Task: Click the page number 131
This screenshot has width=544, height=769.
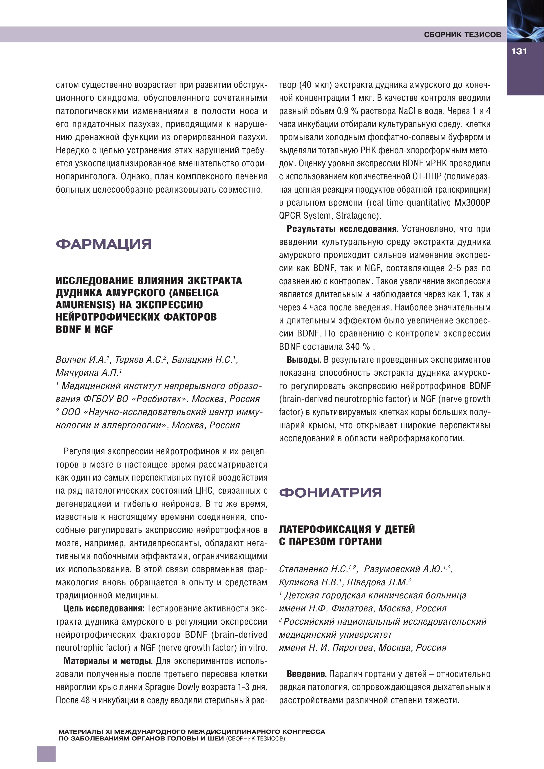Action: pos(519,52)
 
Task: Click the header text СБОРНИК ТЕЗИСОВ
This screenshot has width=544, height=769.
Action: pos(462,35)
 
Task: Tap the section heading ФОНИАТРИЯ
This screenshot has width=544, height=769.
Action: pos(330,493)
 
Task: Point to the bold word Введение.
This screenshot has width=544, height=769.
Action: pos(306,674)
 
